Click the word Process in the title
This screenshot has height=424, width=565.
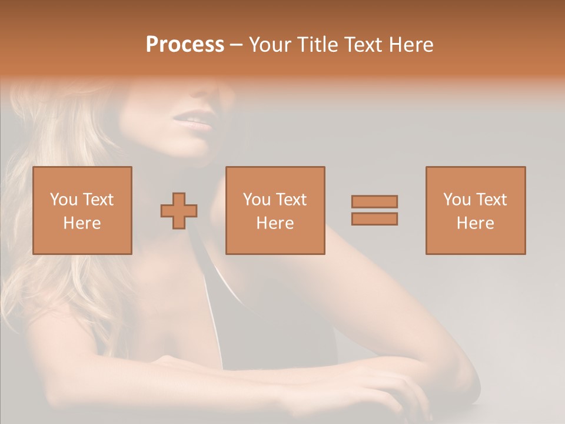click(x=185, y=45)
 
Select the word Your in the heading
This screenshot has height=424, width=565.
click(x=271, y=45)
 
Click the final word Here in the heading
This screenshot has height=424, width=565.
click(x=410, y=45)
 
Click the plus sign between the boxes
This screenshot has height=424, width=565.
click(x=179, y=210)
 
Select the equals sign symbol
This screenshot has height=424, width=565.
click(x=374, y=210)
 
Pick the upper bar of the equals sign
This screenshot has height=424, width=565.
click(x=374, y=201)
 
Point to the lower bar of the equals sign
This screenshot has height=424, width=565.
click(x=374, y=218)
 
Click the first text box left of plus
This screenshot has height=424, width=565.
click(x=82, y=210)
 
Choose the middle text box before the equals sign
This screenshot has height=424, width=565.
click(x=275, y=210)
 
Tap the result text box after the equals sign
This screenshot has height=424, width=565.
click(x=475, y=210)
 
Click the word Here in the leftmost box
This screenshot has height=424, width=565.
click(x=82, y=223)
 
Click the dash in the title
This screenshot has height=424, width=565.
click(x=237, y=45)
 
